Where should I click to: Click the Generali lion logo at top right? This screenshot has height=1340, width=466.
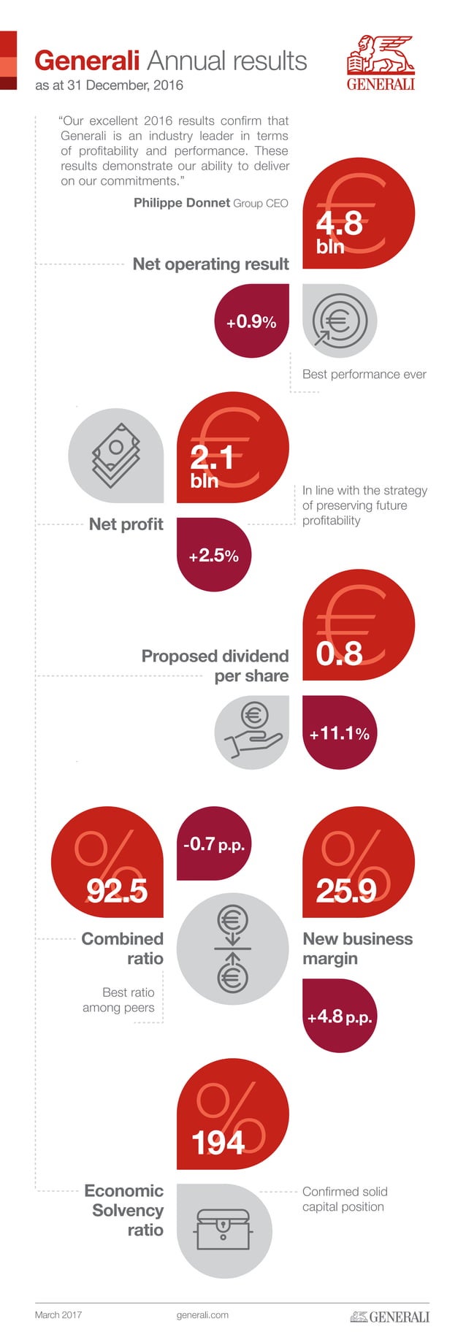click(x=381, y=63)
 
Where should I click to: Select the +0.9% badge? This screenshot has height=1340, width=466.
click(x=251, y=322)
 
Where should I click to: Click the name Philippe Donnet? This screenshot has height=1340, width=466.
click(x=182, y=203)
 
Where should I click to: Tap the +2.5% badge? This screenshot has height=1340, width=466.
click(x=213, y=556)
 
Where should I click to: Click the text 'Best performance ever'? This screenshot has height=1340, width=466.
click(x=364, y=375)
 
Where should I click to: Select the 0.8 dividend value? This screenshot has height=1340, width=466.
click(x=340, y=653)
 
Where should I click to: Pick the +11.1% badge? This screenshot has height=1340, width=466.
click(x=340, y=733)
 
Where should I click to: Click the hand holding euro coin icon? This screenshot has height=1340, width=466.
click(x=252, y=732)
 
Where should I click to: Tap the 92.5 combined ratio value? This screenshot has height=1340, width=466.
click(x=117, y=890)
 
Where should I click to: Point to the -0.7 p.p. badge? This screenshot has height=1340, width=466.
click(x=214, y=845)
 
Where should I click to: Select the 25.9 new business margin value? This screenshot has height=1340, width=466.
click(x=346, y=890)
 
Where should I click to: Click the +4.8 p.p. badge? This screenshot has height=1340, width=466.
click(x=340, y=1017)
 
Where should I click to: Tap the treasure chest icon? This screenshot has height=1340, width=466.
click(x=224, y=1230)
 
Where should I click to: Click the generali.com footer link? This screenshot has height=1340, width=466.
click(x=202, y=1315)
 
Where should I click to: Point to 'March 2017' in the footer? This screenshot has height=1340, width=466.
click(x=58, y=1315)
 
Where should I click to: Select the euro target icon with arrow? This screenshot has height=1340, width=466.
click(x=338, y=321)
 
